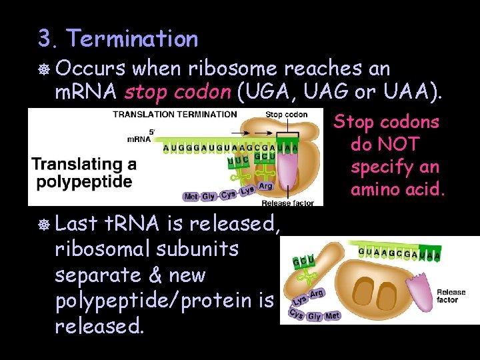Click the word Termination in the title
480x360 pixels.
tap(132, 39)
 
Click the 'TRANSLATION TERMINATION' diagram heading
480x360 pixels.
tap(175, 114)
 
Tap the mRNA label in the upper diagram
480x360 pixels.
tap(139, 139)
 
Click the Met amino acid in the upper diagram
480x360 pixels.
tap(191, 197)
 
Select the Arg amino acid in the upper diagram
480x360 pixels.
tap(265, 186)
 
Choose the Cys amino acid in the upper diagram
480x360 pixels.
tap(229, 194)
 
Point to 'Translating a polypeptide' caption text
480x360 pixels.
tap(84, 172)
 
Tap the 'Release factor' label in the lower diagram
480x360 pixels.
tap(451, 296)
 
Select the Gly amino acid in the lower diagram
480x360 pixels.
tap(314, 317)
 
